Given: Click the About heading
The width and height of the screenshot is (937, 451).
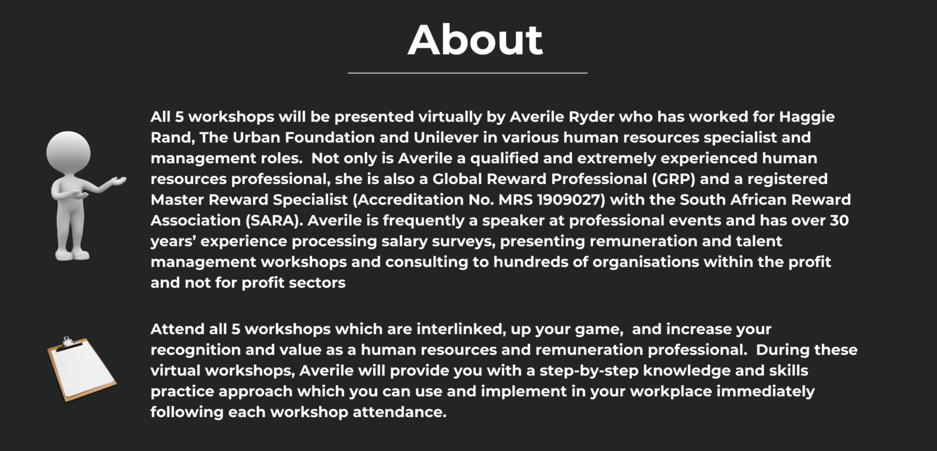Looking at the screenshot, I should (x=475, y=40).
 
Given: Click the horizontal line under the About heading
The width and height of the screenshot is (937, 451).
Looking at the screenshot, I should (x=467, y=73).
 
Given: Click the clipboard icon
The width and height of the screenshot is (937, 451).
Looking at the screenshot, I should (x=81, y=370).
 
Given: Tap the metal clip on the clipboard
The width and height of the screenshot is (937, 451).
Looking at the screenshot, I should (x=69, y=342).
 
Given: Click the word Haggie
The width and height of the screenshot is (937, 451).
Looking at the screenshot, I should (x=806, y=117).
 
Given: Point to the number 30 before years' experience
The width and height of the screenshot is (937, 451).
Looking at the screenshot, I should (x=839, y=221).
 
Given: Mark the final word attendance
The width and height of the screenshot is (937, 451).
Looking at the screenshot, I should (x=399, y=412).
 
